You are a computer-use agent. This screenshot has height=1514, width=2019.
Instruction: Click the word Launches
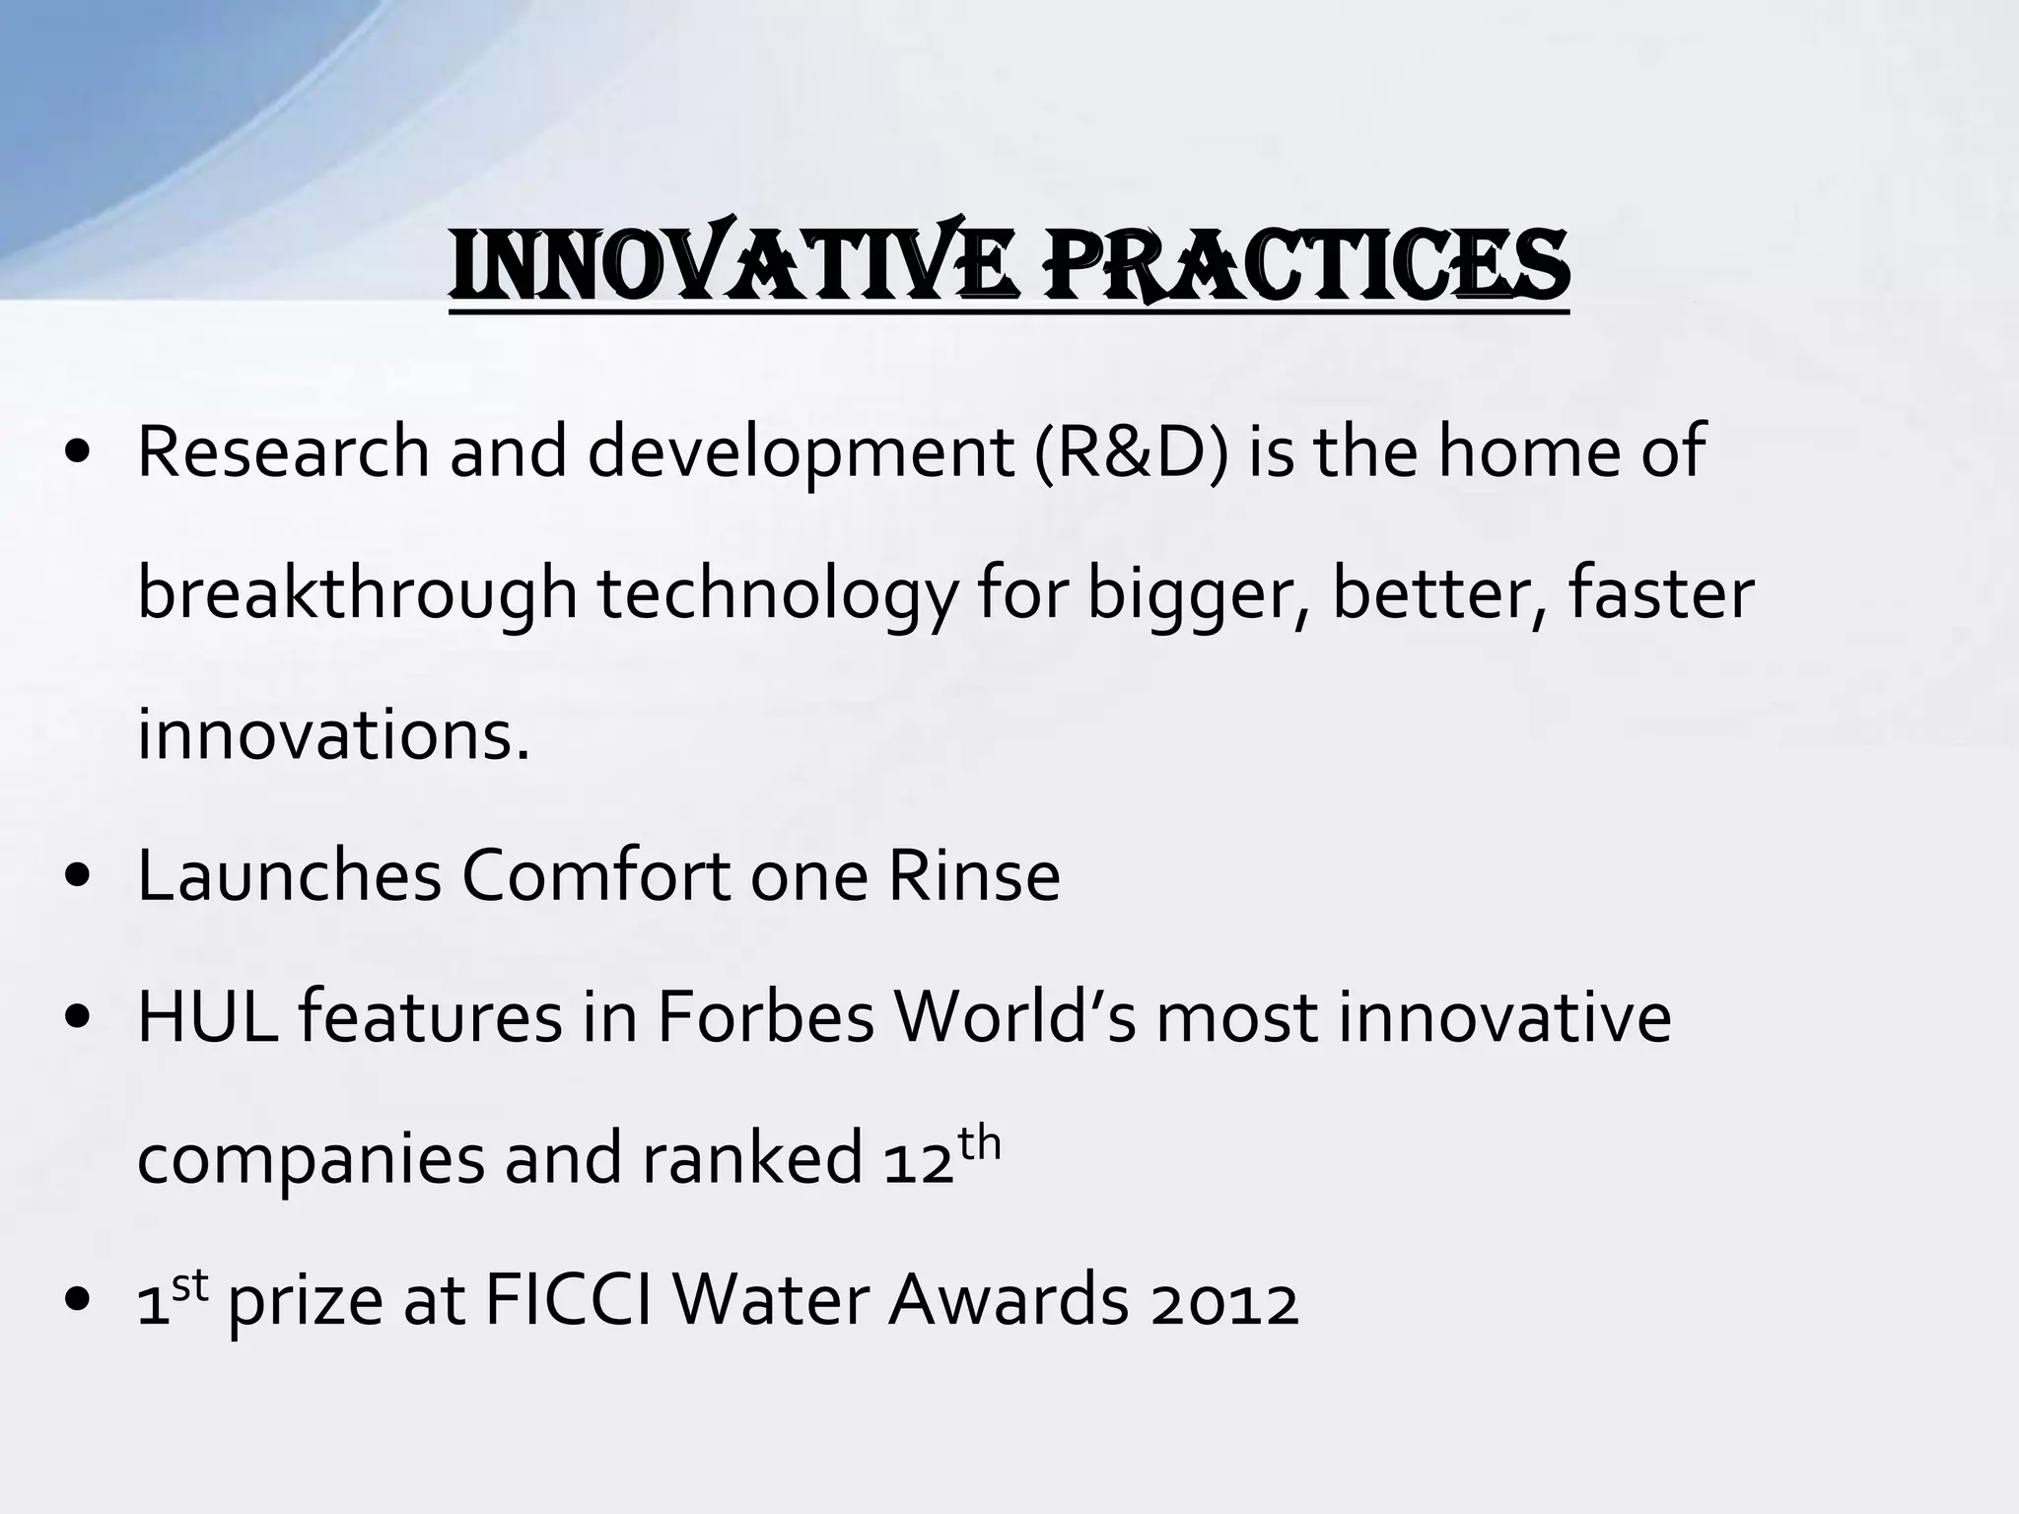coord(289,876)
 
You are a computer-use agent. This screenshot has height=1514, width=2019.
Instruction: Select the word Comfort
coord(595,876)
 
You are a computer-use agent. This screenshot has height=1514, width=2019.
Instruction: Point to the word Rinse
coord(973,876)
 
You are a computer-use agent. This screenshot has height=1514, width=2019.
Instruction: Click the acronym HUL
coord(206,1018)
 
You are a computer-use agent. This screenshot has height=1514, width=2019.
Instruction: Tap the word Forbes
coord(765,1018)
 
